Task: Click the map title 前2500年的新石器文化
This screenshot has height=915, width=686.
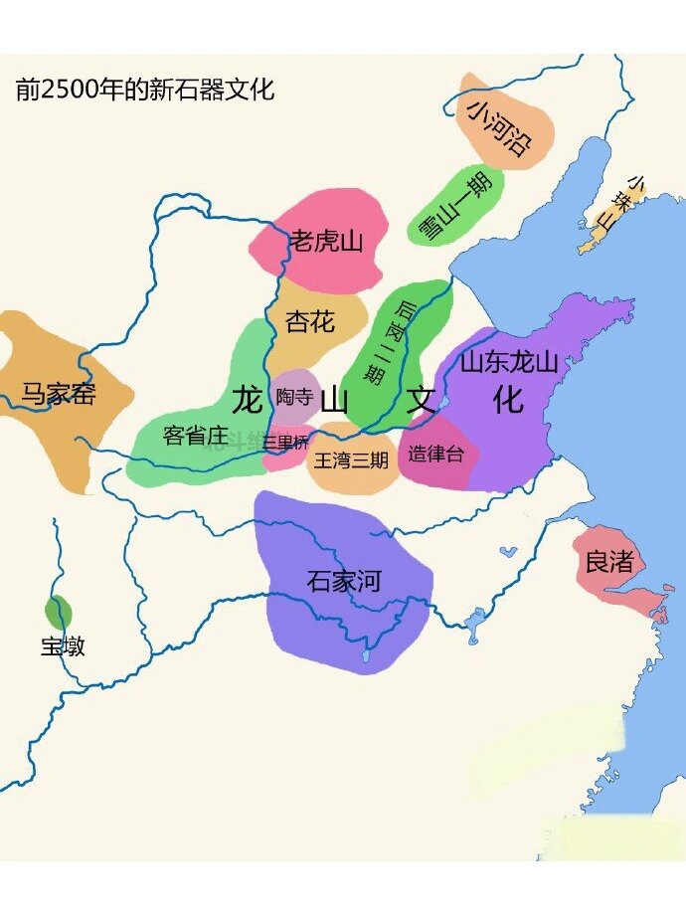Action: coord(145,91)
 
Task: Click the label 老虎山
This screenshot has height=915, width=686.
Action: coord(327,242)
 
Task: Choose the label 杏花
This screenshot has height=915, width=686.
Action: coord(310,321)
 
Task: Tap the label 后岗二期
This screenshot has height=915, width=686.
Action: coord(390,342)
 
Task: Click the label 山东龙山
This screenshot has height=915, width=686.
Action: coord(508,363)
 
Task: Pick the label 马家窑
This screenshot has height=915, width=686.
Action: coord(59,394)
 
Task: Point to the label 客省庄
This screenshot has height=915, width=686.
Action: coord(195,435)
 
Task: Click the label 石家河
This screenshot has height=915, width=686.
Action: coord(343,581)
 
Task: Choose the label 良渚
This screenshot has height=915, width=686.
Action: coord(608,562)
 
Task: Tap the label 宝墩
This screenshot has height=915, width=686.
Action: coord(63,646)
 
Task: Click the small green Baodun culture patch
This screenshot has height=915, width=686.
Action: coord(59,611)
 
